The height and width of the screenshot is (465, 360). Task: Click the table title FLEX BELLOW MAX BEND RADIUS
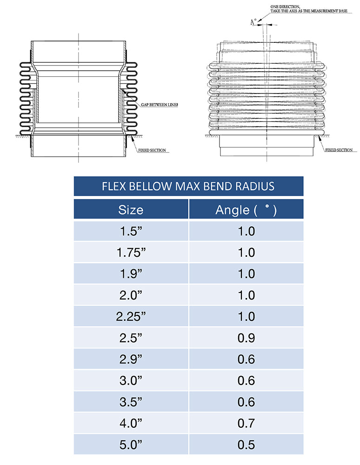click(x=188, y=186)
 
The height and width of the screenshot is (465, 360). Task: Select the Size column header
click(x=131, y=210)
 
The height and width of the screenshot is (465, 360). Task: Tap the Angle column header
click(x=246, y=210)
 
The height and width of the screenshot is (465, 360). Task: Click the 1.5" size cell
click(x=131, y=231)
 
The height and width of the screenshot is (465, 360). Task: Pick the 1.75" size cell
click(x=131, y=252)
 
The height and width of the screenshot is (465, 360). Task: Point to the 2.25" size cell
click(x=131, y=317)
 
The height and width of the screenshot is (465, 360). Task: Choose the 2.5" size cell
click(x=131, y=338)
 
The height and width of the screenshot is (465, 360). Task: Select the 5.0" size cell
click(x=131, y=445)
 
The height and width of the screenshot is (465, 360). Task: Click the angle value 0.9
click(x=246, y=338)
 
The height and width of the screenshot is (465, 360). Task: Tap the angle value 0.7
click(x=246, y=423)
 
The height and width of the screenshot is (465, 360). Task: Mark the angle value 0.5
click(x=246, y=445)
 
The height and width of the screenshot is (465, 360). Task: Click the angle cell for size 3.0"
click(x=246, y=380)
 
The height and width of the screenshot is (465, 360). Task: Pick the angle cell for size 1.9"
click(x=246, y=274)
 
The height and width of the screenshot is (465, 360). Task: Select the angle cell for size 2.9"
click(x=246, y=359)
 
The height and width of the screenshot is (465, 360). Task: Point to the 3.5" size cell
click(x=131, y=402)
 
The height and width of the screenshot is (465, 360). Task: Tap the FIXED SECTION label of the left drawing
click(x=152, y=151)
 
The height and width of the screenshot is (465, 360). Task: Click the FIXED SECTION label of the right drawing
click(x=338, y=150)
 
